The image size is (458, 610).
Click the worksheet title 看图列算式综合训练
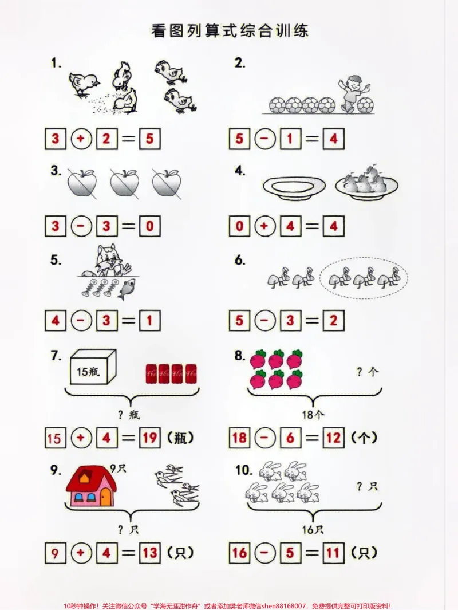coord(230,31)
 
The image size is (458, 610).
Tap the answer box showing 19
coord(149,438)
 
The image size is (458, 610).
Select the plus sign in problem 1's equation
coord(81,139)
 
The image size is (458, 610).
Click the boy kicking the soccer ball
coord(354,93)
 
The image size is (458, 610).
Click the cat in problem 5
coord(108,261)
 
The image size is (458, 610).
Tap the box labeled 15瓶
coord(93,367)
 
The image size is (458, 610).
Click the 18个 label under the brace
coord(313,415)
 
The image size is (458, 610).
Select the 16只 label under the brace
coord(313,529)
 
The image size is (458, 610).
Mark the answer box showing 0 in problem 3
coord(149,226)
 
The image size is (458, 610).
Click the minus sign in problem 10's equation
coord(265,552)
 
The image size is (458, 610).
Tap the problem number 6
coord(240,260)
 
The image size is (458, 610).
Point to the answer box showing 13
coord(149,552)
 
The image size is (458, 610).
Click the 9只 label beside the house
coord(118,469)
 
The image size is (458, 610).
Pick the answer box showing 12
coord(334,438)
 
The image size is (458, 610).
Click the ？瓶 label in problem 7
coord(129,415)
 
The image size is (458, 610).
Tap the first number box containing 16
coord(239,552)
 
